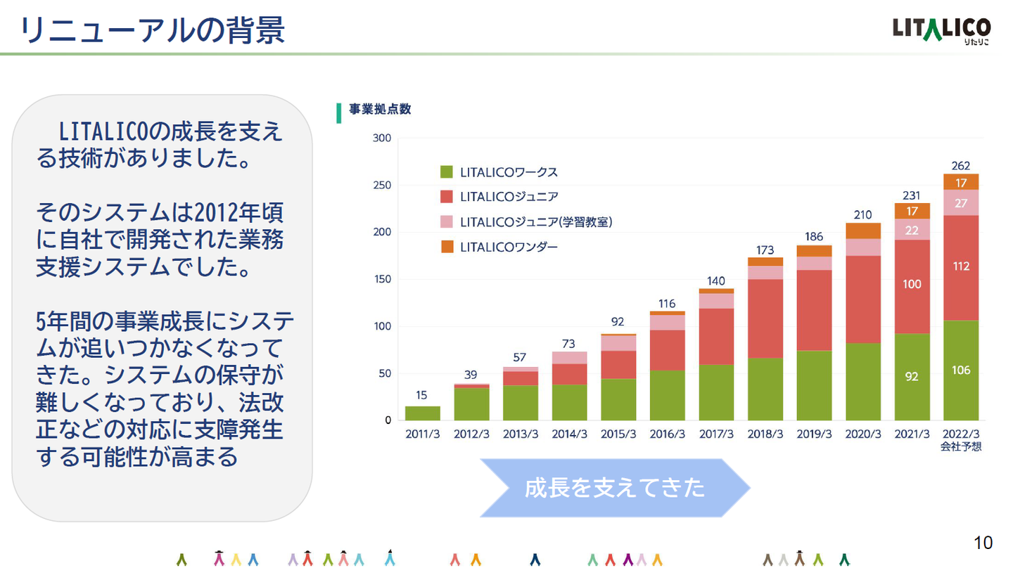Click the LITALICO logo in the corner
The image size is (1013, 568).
[941, 31]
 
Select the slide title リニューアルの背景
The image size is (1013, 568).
[153, 31]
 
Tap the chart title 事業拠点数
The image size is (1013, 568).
[380, 110]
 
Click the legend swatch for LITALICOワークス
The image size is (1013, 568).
[446, 172]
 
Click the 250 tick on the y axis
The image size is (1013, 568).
[382, 186]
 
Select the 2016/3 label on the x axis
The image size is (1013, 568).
[667, 434]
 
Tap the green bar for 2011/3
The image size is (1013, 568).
[422, 413]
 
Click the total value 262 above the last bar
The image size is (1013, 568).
[960, 166]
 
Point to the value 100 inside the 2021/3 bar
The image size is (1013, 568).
[912, 284]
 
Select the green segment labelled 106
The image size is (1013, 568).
[961, 370]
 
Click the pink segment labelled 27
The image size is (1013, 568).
[961, 202]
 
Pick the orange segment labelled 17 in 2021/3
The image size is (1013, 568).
[912, 211]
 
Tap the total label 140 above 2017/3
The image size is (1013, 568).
[716, 281]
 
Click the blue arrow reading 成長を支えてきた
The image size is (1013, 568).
[615, 488]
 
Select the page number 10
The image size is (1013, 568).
[983, 543]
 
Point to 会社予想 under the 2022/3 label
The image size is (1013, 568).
[961, 447]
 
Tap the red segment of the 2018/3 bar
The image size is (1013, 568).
[765, 318]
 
